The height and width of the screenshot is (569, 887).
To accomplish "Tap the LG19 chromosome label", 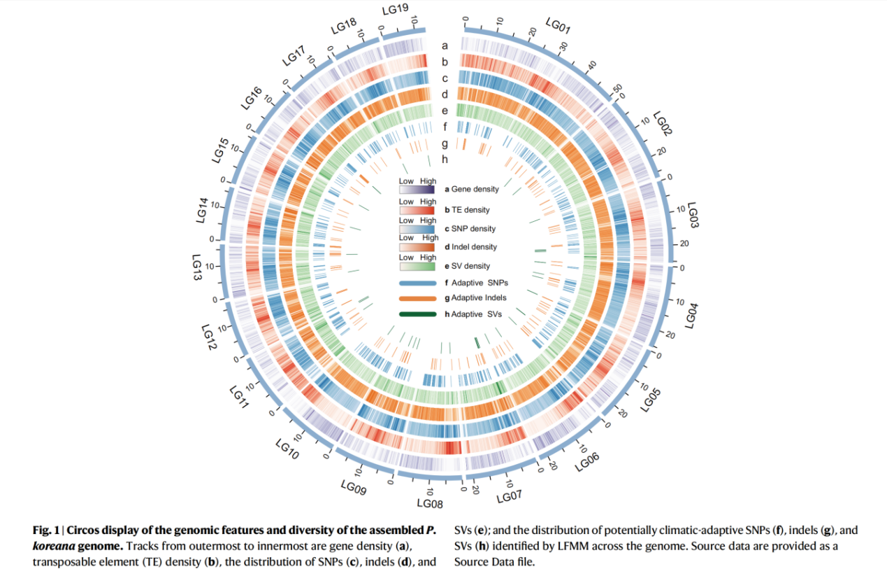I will pyautogui.click(x=395, y=9).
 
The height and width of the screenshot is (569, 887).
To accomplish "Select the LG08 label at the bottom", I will pyautogui.click(x=430, y=503).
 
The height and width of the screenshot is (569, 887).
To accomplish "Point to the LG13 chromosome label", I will pyautogui.click(x=197, y=268).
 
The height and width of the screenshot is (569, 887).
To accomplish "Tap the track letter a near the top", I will pyautogui.click(x=445, y=45).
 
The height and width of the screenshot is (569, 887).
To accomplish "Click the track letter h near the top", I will pyautogui.click(x=445, y=160).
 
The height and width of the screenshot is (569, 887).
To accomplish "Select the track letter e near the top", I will pyautogui.click(x=445, y=111).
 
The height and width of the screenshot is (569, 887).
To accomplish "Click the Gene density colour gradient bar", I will pyautogui.click(x=418, y=189).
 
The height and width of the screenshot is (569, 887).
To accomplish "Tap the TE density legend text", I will pyautogui.click(x=471, y=209).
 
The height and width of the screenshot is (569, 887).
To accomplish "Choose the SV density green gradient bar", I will pyautogui.click(x=418, y=266).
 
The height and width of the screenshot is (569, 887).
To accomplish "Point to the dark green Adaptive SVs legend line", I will pyautogui.click(x=418, y=314).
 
